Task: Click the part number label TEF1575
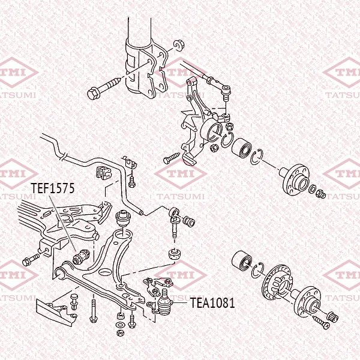pos(53,188)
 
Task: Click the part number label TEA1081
pos(212,302)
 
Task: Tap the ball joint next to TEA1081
pos(165,303)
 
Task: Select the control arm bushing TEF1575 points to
pos(81,257)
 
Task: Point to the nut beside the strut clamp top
pos(178,45)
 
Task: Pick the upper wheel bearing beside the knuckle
pos(242,149)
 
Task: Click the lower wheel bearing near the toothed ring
pos(242,260)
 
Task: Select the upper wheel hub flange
pos(295,179)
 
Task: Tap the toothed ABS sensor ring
pos(277,283)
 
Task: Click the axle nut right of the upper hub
pos(321,194)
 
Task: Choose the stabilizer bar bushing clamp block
pos(104,172)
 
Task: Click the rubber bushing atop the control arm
pos(123,218)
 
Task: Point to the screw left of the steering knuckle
pos(172,158)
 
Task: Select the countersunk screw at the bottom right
pos(321,322)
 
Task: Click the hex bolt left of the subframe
pos(31,260)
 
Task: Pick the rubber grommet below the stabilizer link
pos(175,254)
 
